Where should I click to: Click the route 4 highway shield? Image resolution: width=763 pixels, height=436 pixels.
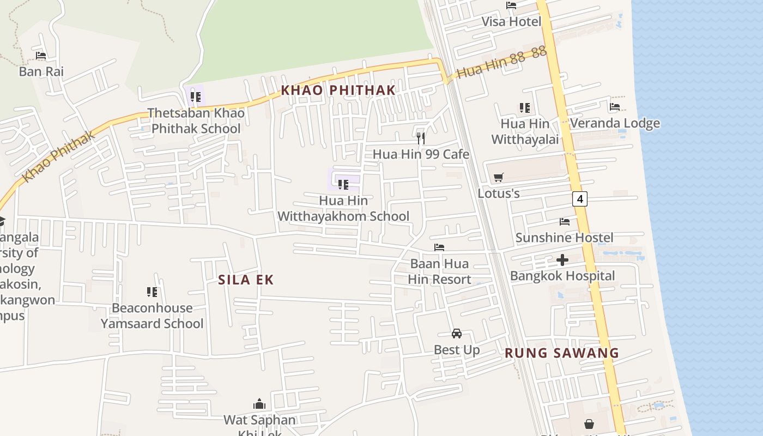click(580, 199)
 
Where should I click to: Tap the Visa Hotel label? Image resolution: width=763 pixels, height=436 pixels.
click(511, 22)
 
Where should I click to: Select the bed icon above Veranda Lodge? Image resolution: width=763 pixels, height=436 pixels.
click(615, 107)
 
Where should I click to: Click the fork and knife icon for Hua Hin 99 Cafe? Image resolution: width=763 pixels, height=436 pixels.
click(421, 138)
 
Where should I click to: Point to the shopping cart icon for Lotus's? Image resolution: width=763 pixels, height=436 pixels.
click(498, 177)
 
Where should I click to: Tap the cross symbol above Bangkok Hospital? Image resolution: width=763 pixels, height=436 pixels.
click(562, 260)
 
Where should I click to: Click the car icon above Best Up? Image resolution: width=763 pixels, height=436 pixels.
click(457, 334)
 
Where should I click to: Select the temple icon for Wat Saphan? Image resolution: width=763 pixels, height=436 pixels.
click(259, 404)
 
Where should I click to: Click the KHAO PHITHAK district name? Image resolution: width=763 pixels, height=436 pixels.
click(338, 90)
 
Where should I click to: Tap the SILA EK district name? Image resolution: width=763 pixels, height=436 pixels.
click(246, 280)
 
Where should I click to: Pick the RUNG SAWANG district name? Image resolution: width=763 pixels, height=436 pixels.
click(562, 353)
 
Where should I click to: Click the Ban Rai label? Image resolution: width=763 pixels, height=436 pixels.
click(41, 71)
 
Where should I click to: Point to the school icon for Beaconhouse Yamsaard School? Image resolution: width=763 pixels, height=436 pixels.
click(152, 292)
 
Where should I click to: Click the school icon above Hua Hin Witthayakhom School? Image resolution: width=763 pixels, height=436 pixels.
click(343, 185)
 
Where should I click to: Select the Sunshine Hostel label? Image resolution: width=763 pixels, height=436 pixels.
click(564, 238)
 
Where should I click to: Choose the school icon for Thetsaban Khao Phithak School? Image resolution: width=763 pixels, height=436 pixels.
click(196, 98)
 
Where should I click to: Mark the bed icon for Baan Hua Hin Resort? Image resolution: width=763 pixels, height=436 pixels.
click(439, 247)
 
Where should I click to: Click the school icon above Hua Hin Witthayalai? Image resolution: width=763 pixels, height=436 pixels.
click(524, 108)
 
